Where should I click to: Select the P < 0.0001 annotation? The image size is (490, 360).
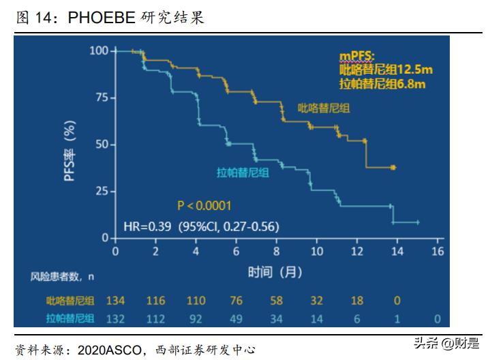204,205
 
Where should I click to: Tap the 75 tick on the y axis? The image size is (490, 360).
101,97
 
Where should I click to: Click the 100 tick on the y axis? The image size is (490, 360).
99,50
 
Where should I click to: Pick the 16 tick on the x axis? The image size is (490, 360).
438,252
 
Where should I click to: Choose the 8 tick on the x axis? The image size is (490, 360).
277,252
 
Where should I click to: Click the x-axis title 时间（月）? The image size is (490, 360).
275,273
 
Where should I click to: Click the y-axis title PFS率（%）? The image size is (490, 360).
70,151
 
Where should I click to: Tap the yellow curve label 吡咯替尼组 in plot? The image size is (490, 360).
322,108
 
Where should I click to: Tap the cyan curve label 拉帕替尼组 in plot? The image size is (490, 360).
243,172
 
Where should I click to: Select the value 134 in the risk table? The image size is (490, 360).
114,301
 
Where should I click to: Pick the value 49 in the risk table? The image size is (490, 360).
235,318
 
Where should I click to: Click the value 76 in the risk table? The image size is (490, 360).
235,301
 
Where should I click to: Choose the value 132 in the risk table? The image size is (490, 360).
114,318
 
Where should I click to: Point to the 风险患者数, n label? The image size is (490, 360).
61,276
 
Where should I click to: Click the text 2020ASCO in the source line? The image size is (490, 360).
99,350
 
